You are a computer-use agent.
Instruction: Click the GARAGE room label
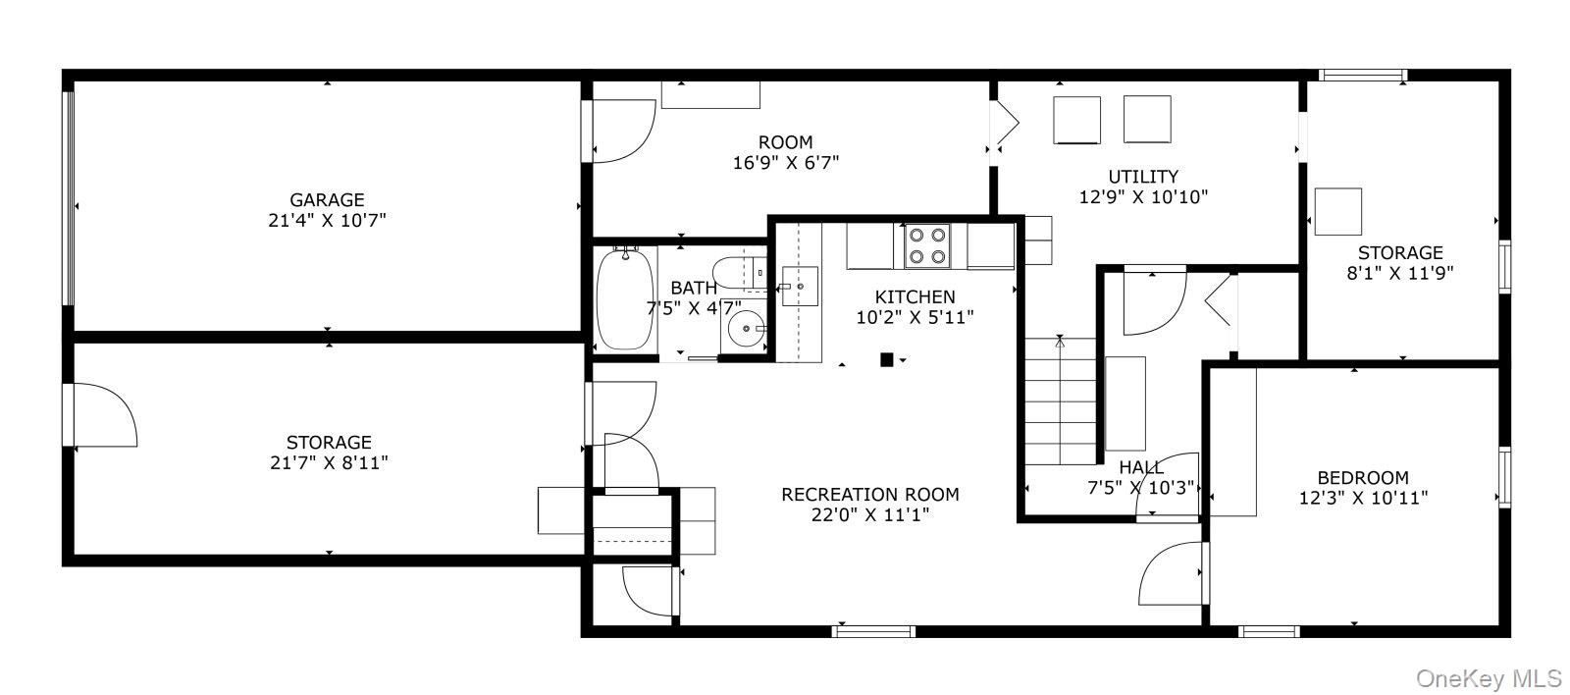tap(327, 199)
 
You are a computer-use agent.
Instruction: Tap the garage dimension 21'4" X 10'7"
tap(327, 221)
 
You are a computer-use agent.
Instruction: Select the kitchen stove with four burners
tap(926, 245)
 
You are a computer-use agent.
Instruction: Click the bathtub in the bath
tap(624, 299)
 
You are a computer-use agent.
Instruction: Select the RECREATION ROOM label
tap(869, 495)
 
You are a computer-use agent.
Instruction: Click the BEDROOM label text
tap(1362, 477)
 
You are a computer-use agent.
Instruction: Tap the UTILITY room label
tap(1142, 177)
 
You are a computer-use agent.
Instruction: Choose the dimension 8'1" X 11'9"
tap(1399, 273)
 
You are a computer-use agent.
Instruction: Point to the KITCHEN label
tap(915, 296)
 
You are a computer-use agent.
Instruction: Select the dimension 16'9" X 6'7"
tap(785, 163)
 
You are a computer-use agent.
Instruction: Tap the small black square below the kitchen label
tap(886, 360)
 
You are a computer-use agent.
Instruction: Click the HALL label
tap(1140, 467)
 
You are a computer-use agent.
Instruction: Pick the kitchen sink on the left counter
tap(800, 286)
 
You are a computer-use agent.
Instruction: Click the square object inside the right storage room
tap(1337, 211)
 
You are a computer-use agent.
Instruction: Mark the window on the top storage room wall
tap(1363, 75)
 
